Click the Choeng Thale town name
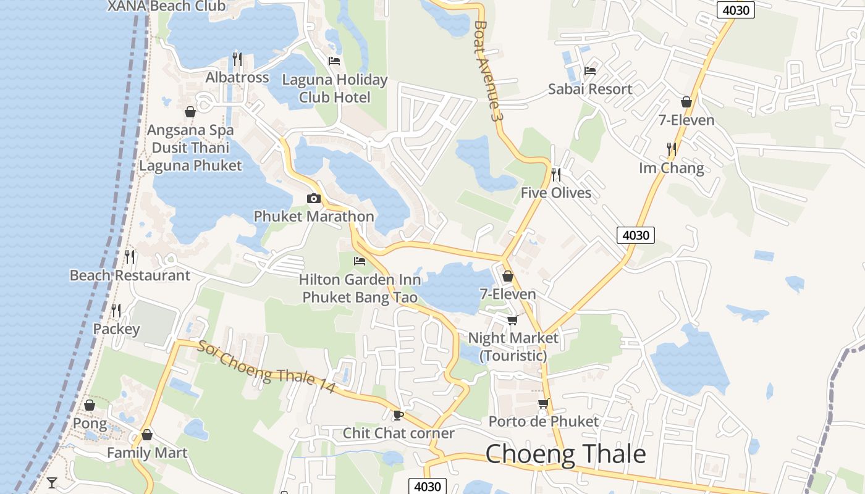(x=565, y=454)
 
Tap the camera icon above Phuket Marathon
(x=314, y=198)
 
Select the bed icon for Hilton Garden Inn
(x=360, y=261)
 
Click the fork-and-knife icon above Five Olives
(x=556, y=174)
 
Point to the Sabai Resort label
(x=590, y=89)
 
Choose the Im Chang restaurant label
(x=672, y=168)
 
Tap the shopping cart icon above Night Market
(x=512, y=320)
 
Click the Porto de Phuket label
(x=544, y=421)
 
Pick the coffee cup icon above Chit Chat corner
(x=399, y=415)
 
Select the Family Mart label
(x=147, y=453)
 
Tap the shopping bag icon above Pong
(x=90, y=405)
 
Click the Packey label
(x=116, y=329)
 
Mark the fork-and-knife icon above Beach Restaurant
(x=130, y=256)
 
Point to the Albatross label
(x=237, y=77)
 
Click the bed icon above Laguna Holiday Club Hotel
(x=334, y=61)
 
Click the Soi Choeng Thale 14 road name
(x=267, y=366)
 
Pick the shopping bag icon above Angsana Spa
(x=190, y=112)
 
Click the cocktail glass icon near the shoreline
(x=52, y=482)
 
